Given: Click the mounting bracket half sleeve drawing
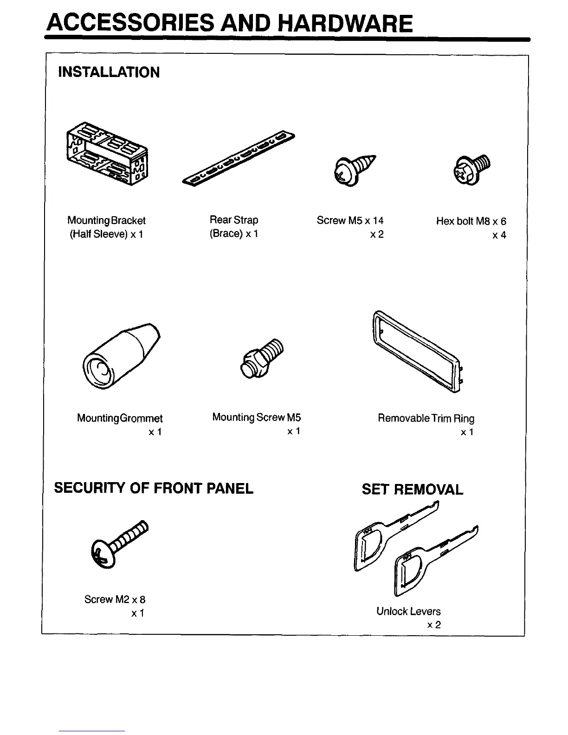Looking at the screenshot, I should [x=107, y=153].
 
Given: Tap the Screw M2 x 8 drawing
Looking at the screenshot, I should [x=120, y=542].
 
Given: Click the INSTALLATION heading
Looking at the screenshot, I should [x=109, y=72].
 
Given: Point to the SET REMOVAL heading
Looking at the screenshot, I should [x=412, y=490].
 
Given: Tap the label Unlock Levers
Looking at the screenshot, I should [x=408, y=611].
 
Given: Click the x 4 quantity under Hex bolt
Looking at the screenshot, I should [x=499, y=235].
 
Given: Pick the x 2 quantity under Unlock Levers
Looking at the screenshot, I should [x=434, y=625].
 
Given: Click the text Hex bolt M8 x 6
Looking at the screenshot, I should [x=471, y=221].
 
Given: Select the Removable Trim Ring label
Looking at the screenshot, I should [x=426, y=419].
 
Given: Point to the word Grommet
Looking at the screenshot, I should [x=142, y=419].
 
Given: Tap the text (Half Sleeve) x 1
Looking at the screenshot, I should [x=106, y=234].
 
